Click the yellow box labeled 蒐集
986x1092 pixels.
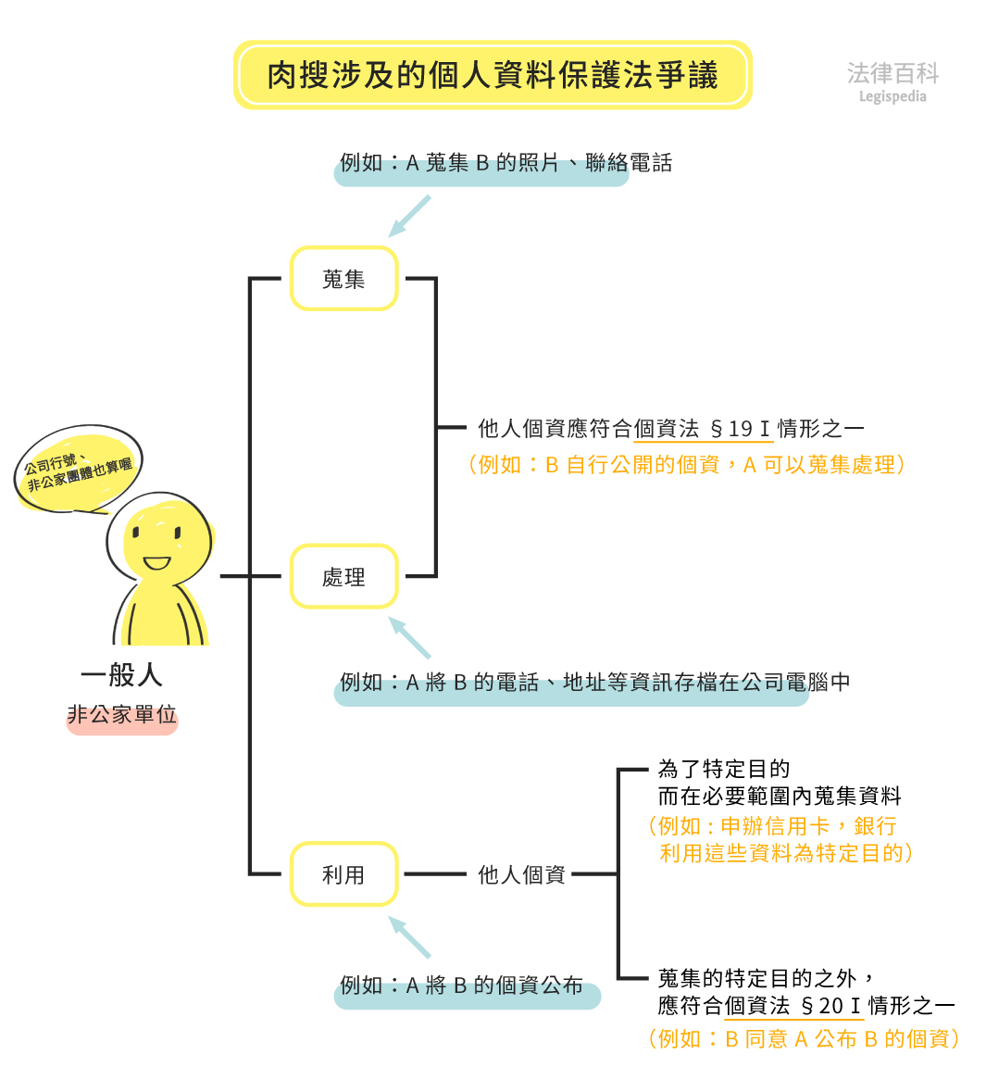tap(343, 278)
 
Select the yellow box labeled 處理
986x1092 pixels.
tap(343, 576)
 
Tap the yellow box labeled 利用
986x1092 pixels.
tap(343, 873)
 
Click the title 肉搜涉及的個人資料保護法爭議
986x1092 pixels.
tap(493, 75)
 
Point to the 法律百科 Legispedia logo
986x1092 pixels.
tap(892, 82)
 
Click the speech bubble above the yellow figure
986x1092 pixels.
tap(78, 469)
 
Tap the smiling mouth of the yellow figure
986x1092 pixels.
tap(156, 562)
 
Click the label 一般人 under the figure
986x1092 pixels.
tap(121, 674)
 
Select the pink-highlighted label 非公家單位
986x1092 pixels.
tap(121, 715)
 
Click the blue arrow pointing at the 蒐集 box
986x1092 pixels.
tap(409, 216)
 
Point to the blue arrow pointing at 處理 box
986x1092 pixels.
tap(409, 637)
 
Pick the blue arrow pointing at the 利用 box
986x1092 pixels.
tap(409, 936)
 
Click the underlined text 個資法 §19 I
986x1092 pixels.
tap(702, 429)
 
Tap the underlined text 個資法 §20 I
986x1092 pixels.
tap(793, 1005)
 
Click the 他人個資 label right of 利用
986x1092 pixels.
tap(521, 874)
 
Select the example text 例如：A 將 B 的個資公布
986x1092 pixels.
tap(462, 985)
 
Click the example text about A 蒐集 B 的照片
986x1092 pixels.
tap(505, 163)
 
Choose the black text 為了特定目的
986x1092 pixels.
tap(724, 769)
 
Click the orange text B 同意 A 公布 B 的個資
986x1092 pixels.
tap(803, 1038)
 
